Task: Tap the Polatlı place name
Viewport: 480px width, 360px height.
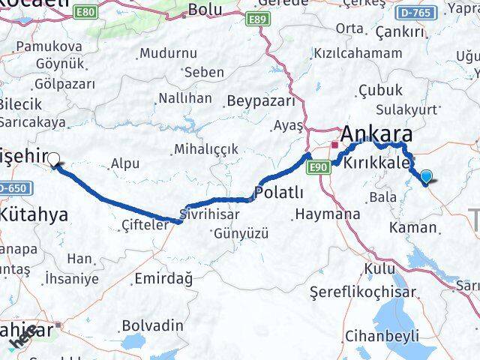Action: point(279,193)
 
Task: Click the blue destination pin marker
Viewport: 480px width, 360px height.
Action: point(427,177)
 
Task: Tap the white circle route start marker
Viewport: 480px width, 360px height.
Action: point(53,158)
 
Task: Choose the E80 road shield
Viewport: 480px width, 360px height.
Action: point(86,12)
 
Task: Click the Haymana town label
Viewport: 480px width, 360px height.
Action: point(328,214)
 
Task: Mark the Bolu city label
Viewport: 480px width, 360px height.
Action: point(205,10)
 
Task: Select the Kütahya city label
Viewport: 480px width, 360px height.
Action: point(34,214)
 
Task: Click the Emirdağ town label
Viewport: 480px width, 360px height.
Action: point(163,279)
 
